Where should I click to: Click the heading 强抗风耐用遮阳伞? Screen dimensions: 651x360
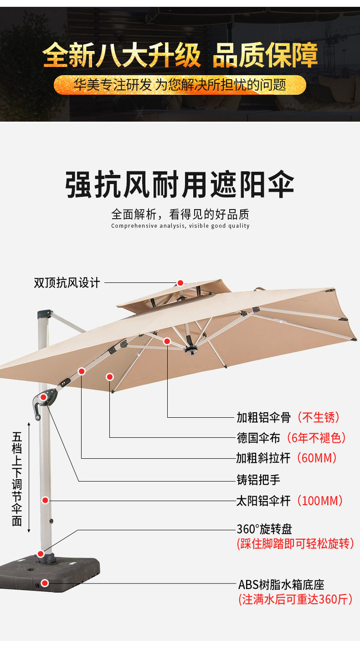coord(180,184)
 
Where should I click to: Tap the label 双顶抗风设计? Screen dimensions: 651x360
coord(67,283)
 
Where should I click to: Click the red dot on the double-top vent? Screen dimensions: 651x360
coord(180,283)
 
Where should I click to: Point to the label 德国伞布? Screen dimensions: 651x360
coord(258,438)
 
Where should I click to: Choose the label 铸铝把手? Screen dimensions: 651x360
coord(258,479)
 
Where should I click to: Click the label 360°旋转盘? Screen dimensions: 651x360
coord(264,529)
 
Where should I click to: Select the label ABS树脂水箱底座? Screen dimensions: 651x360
coord(281,585)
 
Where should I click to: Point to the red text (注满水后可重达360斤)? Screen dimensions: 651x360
coord(295,600)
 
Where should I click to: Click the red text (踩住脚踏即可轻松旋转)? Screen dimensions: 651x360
coord(295,543)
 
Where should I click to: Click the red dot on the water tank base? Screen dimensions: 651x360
coord(45,583)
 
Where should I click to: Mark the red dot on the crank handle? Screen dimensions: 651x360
coord(43,397)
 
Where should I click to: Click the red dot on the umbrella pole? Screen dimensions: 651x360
coord(45,500)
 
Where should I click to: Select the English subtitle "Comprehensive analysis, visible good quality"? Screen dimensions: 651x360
coord(180,226)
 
